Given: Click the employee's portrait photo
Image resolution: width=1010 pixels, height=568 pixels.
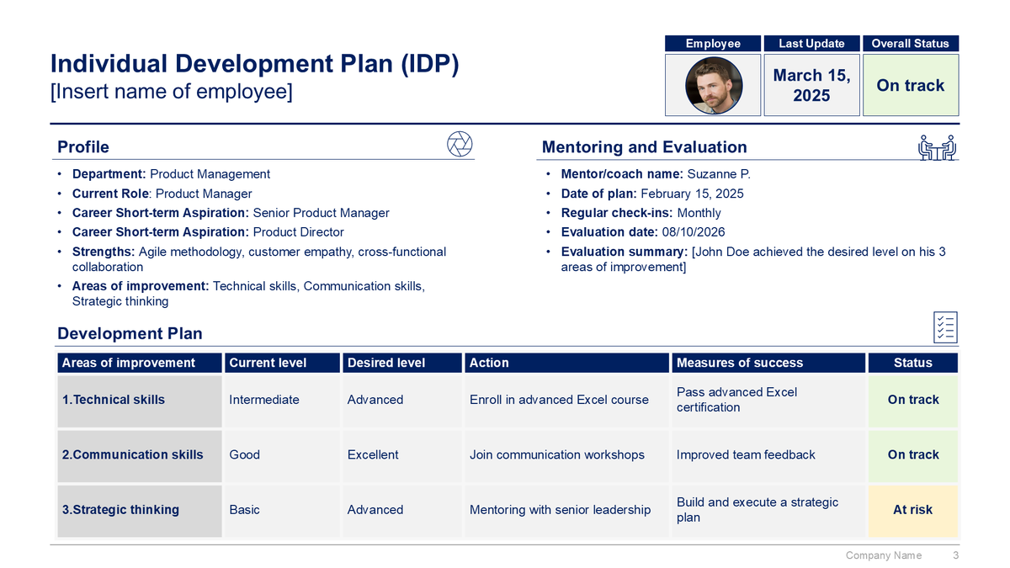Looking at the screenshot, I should pyautogui.click(x=713, y=85).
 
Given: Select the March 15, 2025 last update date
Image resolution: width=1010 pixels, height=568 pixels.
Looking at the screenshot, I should pyautogui.click(x=811, y=85).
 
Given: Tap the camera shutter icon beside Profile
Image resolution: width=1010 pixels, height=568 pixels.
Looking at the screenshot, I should pyautogui.click(x=459, y=144).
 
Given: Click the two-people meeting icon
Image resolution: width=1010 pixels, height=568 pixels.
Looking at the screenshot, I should pyautogui.click(x=937, y=146).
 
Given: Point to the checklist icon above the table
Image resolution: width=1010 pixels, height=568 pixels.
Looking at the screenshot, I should pyautogui.click(x=945, y=327).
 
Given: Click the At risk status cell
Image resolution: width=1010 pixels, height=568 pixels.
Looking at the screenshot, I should pyautogui.click(x=912, y=510).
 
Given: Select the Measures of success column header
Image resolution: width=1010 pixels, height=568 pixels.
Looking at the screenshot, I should pyautogui.click(x=739, y=363).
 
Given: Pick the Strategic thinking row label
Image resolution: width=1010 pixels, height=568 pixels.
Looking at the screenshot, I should pyautogui.click(x=120, y=510).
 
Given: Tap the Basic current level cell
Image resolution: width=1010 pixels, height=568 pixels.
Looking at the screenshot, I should pyautogui.click(x=244, y=510).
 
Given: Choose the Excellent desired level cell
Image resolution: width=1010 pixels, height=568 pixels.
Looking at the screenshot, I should pyautogui.click(x=373, y=454).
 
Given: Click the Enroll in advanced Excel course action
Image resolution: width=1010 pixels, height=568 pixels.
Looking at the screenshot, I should pyautogui.click(x=559, y=400).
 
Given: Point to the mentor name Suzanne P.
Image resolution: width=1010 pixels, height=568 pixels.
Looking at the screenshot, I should pyautogui.click(x=718, y=174).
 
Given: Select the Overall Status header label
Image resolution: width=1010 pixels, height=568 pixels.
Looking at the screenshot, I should pyautogui.click(x=910, y=44).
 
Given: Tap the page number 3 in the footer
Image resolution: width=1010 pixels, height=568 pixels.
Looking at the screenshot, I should pyautogui.click(x=955, y=555).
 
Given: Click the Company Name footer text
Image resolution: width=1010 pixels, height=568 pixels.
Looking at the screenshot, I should pyautogui.click(x=883, y=555).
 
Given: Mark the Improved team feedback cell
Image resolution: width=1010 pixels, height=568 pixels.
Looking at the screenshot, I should pyautogui.click(x=746, y=454).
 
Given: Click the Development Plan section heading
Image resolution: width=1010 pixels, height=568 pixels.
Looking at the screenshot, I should pyautogui.click(x=130, y=333).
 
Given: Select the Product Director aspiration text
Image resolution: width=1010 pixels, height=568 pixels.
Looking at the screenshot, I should pyautogui.click(x=298, y=232).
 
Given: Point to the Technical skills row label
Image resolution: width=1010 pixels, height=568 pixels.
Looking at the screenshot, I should pyautogui.click(x=114, y=400).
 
